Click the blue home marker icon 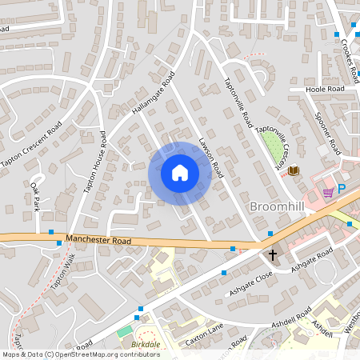180,173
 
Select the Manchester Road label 98,239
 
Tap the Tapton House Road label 94,162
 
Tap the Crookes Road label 350,61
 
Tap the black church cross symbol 272,256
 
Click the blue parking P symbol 341,189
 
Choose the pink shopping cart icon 327,193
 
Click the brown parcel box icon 294,170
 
